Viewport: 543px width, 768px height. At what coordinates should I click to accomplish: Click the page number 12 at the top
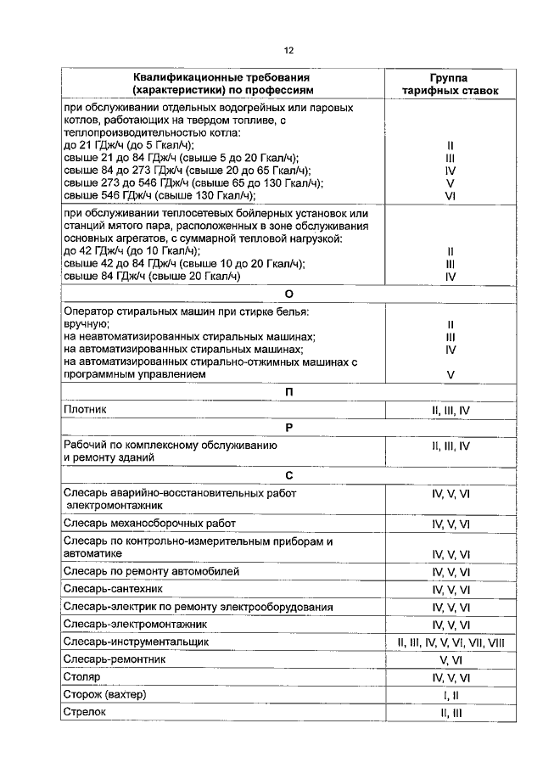click(288, 49)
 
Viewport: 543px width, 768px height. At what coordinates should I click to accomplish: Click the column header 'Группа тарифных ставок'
click(451, 82)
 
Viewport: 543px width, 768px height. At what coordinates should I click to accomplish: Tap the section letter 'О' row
click(288, 294)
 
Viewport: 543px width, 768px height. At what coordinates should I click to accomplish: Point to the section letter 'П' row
click(288, 392)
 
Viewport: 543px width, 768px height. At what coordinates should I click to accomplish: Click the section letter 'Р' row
click(288, 427)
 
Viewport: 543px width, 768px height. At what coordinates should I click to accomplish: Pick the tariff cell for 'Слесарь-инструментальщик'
click(451, 642)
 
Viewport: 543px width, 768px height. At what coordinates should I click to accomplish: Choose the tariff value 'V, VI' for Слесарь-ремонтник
click(451, 659)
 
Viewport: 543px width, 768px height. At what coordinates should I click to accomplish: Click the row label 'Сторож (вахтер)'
click(105, 695)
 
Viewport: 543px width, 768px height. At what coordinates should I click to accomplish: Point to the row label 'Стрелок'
click(85, 713)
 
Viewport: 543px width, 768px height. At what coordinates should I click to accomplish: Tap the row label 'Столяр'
click(82, 677)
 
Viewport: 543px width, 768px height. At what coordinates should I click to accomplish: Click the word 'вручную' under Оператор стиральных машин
click(85, 324)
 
